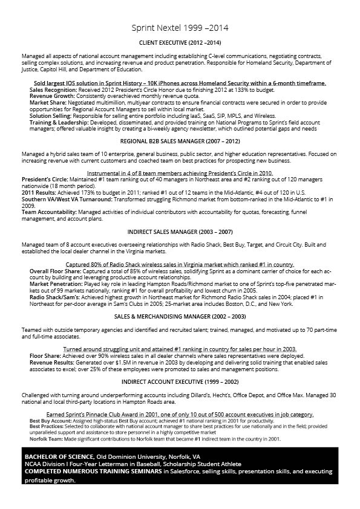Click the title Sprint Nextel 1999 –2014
coord(180,28)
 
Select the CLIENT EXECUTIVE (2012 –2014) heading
coord(180,43)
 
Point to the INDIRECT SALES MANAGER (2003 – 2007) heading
coord(180,232)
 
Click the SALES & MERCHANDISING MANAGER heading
coord(180,316)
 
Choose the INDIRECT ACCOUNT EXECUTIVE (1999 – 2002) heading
coord(180,382)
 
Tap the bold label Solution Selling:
coord(50,115)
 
